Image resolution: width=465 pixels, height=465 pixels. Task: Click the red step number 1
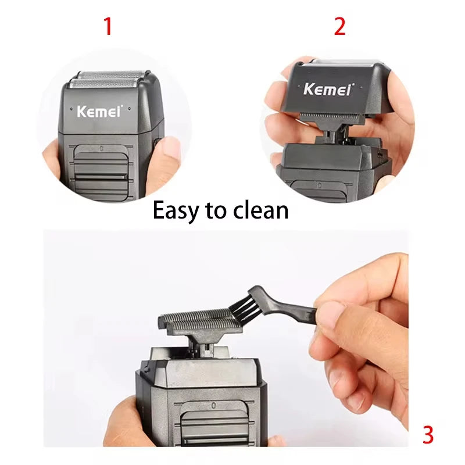(x=108, y=26)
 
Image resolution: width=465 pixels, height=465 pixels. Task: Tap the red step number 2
(x=340, y=26)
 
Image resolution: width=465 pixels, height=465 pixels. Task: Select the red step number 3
(x=428, y=435)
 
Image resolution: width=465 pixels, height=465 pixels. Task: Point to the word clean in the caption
(x=260, y=210)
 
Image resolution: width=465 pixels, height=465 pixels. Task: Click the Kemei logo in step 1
(x=99, y=112)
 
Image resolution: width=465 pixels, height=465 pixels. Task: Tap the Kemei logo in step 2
(x=327, y=89)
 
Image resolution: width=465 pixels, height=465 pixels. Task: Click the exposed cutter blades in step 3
(x=198, y=320)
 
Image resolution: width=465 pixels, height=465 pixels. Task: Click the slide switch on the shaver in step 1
(x=100, y=169)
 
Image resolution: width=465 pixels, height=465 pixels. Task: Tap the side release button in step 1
(x=156, y=142)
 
